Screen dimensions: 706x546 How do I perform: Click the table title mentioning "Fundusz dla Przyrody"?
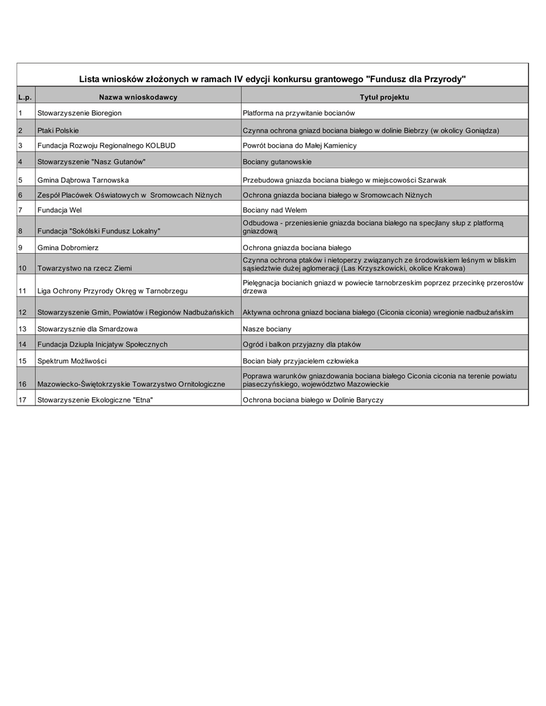(273, 79)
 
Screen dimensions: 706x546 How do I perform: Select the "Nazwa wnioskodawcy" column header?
(138, 97)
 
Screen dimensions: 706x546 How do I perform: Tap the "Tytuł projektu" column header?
(384, 97)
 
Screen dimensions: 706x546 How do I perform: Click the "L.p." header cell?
(25, 97)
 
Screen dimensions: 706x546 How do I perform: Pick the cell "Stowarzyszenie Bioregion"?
(79, 112)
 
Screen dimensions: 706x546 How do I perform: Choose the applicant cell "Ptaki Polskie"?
(58, 130)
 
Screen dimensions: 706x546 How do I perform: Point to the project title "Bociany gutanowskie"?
(277, 162)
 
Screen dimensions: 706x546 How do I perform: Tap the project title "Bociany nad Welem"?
(275, 210)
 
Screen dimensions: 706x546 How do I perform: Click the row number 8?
(21, 230)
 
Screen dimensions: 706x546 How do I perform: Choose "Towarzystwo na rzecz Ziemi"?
(84, 268)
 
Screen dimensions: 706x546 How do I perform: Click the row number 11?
(23, 291)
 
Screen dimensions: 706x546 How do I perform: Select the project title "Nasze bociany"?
(266, 329)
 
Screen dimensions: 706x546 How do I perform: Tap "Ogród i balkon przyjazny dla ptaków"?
(302, 344)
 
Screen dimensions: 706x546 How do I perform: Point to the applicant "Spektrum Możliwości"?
(72, 361)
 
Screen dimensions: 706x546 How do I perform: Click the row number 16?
(23, 383)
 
